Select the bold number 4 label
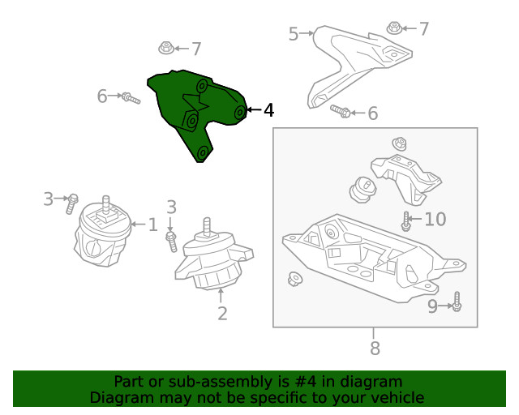tap(268, 110)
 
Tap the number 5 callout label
tap(294, 33)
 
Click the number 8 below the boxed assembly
tap(374, 349)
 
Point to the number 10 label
tap(435, 219)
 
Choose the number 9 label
tap(432, 306)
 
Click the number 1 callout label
tap(152, 224)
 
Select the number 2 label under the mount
tap(222, 314)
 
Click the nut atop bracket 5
tap(394, 29)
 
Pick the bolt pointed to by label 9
tap(457, 302)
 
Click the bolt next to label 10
tap(406, 219)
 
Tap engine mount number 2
tap(213, 259)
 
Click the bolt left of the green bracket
tap(130, 98)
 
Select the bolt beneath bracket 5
tap(341, 112)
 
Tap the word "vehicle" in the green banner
tap(396, 397)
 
